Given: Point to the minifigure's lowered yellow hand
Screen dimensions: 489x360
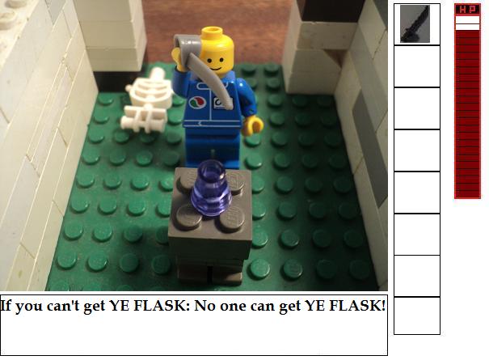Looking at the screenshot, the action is point(253,125).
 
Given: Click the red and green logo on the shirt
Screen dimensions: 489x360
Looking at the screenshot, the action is point(197,102).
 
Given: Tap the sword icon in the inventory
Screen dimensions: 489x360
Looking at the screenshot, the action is point(415,23).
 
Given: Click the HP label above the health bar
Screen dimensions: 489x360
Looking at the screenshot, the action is point(467,10).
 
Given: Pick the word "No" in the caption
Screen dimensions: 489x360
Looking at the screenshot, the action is point(204,305).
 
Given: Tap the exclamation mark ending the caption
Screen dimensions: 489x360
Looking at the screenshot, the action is point(383,305).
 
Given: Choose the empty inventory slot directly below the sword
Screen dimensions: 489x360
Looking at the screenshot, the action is point(417,66).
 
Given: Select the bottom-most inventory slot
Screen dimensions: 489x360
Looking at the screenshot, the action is point(417,316).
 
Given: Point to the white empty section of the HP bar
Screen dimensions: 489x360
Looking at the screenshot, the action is point(467,23).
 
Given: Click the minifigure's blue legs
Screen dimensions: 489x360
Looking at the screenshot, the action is point(213,146).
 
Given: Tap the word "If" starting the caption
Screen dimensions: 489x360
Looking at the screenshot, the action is point(6,306).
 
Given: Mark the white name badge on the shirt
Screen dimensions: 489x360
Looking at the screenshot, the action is point(221,103).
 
